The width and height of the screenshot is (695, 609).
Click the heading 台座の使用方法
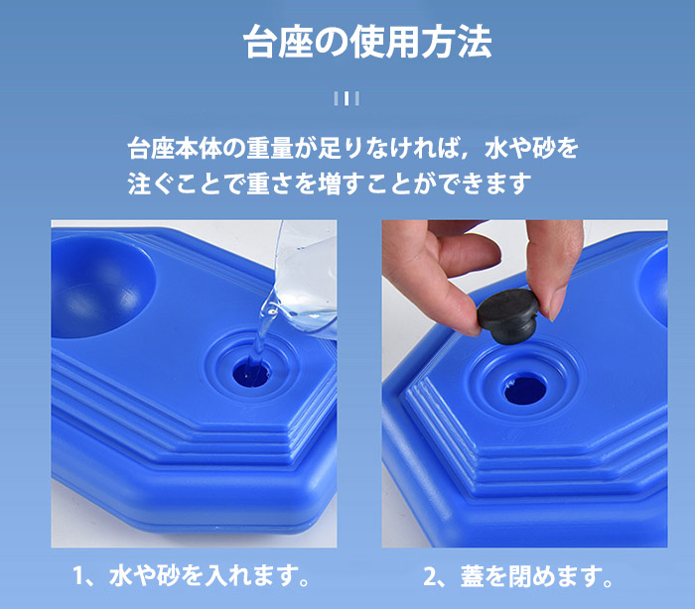(x=367, y=42)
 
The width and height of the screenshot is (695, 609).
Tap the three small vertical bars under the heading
(x=347, y=98)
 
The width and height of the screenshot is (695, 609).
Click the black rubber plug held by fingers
(x=508, y=314)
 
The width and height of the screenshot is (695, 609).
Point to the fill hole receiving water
(x=251, y=373)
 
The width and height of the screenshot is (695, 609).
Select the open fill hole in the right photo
(x=525, y=388)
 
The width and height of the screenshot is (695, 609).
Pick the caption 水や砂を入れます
(x=208, y=576)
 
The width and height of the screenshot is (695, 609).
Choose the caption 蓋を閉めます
(x=536, y=576)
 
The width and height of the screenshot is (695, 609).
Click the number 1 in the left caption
(x=78, y=576)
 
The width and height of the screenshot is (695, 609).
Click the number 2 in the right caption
(x=430, y=576)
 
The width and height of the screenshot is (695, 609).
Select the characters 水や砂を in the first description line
(x=531, y=148)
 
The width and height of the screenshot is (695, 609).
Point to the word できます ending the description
(x=486, y=183)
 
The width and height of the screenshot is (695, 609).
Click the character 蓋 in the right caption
(x=472, y=576)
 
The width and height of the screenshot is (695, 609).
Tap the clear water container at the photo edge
(x=306, y=279)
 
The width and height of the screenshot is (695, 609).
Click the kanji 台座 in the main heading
(x=278, y=42)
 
